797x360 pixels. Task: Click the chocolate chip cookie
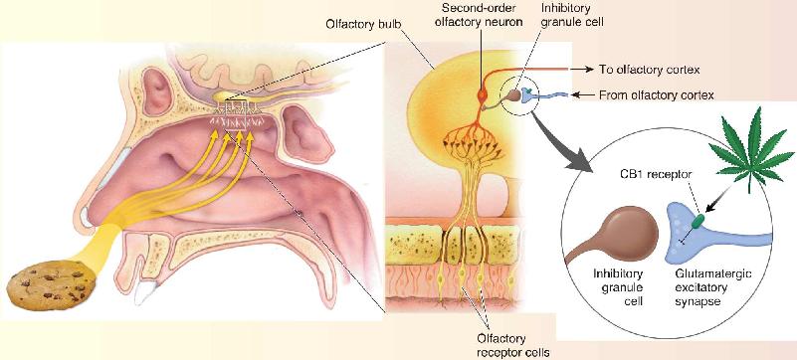point(51,284)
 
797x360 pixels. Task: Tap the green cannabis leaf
point(751,152)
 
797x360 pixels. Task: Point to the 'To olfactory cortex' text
point(649,70)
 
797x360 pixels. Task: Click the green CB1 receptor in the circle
point(698,221)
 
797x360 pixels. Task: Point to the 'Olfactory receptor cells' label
point(501,344)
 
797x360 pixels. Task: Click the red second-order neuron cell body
point(483,94)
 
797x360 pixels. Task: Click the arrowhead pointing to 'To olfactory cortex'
point(589,70)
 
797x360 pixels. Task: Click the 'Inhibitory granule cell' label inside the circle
point(618,287)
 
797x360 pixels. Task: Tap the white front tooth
point(145,295)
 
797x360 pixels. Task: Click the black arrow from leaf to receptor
point(719,199)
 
